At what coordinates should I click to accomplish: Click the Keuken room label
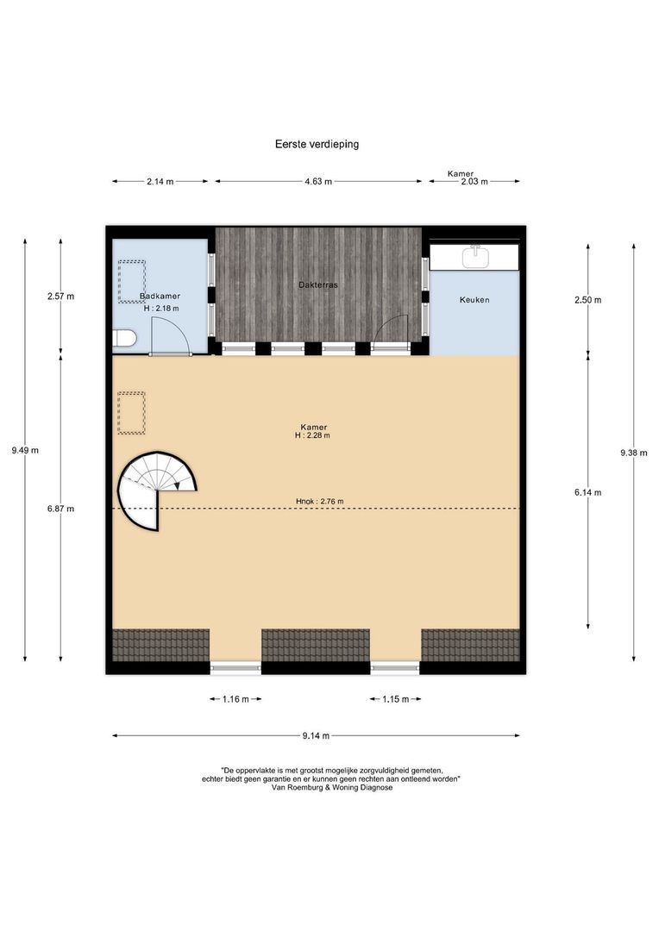click(474, 300)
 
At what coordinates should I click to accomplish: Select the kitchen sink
click(474, 256)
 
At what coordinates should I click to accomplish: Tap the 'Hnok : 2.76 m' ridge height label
click(319, 502)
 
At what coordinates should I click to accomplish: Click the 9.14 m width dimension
click(315, 736)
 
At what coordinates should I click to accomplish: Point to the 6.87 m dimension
click(60, 509)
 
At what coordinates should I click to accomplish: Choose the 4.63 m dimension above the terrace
click(318, 182)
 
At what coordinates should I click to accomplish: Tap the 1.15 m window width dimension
click(395, 699)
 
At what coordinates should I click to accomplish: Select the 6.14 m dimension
click(589, 492)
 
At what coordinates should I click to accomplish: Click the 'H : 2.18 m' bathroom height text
click(160, 309)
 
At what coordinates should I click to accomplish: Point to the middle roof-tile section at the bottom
click(316, 644)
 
